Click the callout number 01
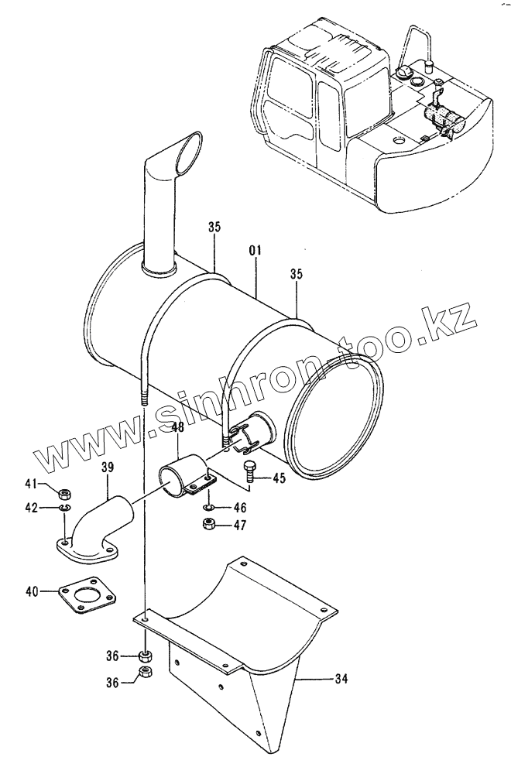pyautogui.click(x=256, y=251)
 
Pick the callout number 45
pyautogui.click(x=278, y=478)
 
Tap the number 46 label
pyautogui.click(x=240, y=509)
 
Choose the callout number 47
pyautogui.click(x=240, y=526)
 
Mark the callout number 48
pyautogui.click(x=177, y=427)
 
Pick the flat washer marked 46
pyautogui.click(x=209, y=508)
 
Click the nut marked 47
pyautogui.click(x=208, y=525)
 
